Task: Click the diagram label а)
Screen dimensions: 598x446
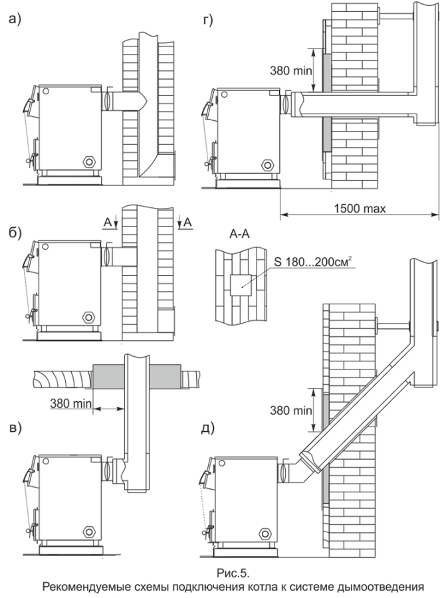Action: tap(14, 20)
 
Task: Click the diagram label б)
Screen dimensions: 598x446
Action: tap(14, 233)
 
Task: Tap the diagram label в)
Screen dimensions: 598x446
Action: tap(14, 427)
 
